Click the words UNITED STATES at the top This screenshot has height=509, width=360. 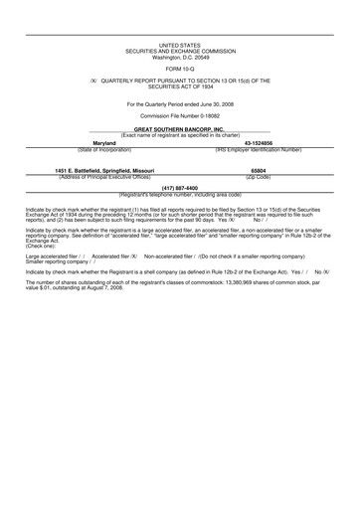179,45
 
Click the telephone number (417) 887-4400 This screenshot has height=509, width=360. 179,187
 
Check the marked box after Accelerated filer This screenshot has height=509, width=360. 131,255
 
